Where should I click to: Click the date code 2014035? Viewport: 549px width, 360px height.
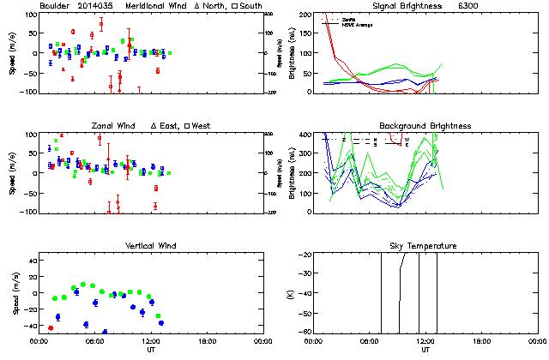(x=95, y=5)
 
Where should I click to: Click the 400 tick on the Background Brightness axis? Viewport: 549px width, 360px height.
(x=305, y=135)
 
